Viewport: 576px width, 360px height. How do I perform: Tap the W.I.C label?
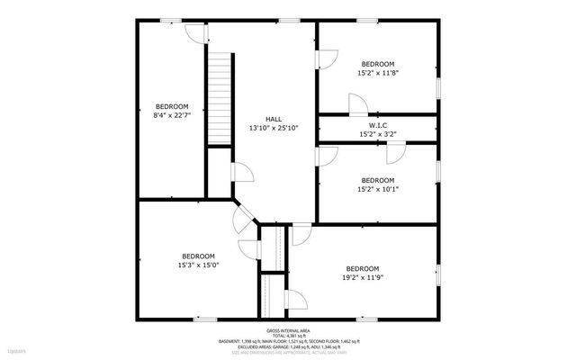point(378,125)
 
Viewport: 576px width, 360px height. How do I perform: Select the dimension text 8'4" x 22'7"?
point(172,115)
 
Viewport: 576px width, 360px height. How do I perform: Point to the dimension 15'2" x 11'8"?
point(377,73)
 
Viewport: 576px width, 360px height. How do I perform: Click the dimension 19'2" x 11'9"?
point(363,278)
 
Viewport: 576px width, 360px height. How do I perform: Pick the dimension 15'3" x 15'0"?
point(198,265)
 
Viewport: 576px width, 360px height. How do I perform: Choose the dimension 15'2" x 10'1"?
point(377,189)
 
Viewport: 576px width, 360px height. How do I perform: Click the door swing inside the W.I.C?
point(394,154)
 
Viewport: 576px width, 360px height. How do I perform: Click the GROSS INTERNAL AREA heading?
point(288,331)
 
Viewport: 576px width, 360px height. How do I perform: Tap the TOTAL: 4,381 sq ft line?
point(288,337)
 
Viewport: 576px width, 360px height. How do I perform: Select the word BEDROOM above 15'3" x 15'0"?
point(198,256)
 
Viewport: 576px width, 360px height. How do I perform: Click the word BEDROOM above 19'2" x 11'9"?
point(363,268)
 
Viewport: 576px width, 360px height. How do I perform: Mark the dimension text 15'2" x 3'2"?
point(378,134)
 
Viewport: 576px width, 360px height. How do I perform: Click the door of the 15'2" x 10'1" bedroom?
point(326,154)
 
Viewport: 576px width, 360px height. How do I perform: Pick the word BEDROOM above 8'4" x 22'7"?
point(172,106)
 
